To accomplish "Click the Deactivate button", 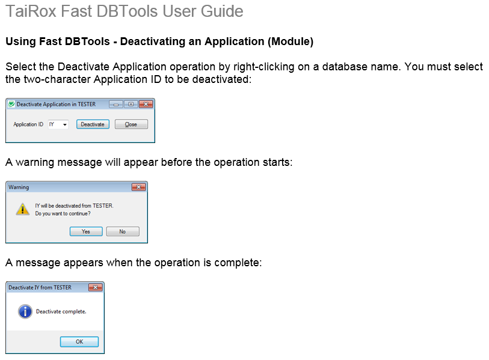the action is (93, 124).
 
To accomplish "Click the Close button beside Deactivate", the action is (131, 124).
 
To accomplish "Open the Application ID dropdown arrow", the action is (65, 124).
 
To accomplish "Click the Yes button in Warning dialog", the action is (86, 231).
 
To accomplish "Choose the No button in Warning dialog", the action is (123, 231).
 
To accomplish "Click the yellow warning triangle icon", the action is (22, 209).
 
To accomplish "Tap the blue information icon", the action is (25, 311).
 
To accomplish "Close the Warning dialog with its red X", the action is (139, 187).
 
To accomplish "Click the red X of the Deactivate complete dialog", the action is (96, 287).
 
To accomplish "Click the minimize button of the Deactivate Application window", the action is (116, 105).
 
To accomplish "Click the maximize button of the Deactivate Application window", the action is (131, 105).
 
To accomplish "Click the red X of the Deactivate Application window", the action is (146, 105).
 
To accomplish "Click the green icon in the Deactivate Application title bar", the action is (11, 104).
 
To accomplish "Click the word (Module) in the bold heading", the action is (291, 41).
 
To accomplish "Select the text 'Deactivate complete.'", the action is (61, 311).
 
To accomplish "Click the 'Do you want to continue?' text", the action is (63, 213).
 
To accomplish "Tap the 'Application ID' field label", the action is (28, 124).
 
